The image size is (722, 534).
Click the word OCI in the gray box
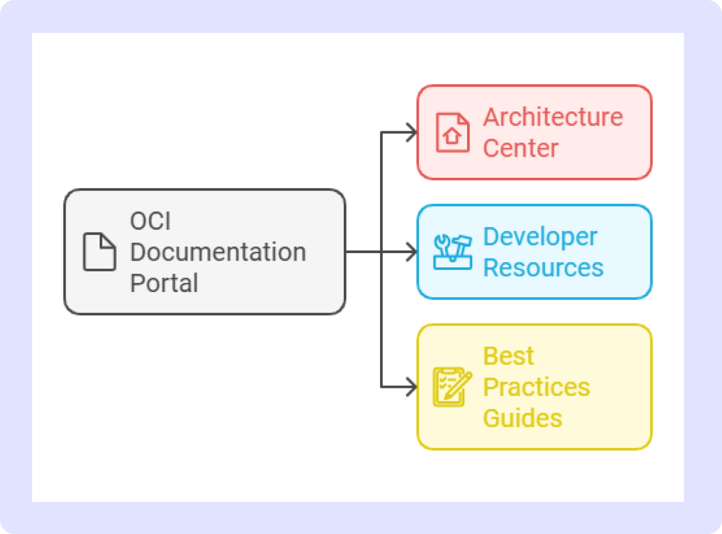click(150, 221)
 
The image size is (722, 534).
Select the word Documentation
click(218, 252)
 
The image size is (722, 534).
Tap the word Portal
click(164, 283)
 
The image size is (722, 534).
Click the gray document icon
click(99, 252)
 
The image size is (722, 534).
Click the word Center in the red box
click(520, 148)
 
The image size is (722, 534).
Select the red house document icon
click(453, 132)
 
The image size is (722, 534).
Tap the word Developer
click(540, 237)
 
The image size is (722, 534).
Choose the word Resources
click(543, 268)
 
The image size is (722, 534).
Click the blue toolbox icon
click(453, 252)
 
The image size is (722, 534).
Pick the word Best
click(508, 356)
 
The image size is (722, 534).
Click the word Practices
click(536, 387)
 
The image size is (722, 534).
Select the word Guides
click(523, 418)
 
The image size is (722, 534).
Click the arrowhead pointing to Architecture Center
click(412, 132)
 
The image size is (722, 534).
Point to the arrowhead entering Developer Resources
click(412, 252)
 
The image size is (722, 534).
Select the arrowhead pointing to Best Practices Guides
click(412, 387)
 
